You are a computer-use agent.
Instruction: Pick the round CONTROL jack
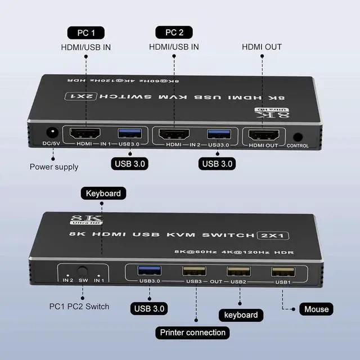(298, 137)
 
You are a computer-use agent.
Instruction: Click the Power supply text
(54, 166)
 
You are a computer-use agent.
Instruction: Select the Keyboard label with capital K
(103, 193)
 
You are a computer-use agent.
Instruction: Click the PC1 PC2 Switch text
(79, 307)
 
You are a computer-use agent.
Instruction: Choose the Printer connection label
(192, 332)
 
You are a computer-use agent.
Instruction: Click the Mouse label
(316, 309)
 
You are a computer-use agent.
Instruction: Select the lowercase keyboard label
(241, 314)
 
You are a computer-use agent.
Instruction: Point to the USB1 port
(281, 272)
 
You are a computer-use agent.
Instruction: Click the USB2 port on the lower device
(238, 272)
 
